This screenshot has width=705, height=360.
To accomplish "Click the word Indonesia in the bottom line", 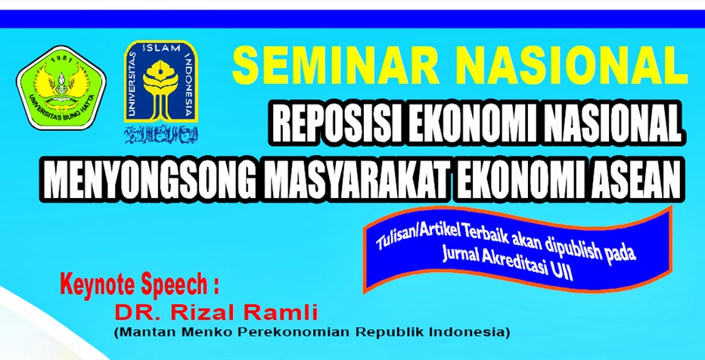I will click(468, 331).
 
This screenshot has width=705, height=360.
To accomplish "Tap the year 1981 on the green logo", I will click(61, 54).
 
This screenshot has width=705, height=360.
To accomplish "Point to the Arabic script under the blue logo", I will click(161, 135).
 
